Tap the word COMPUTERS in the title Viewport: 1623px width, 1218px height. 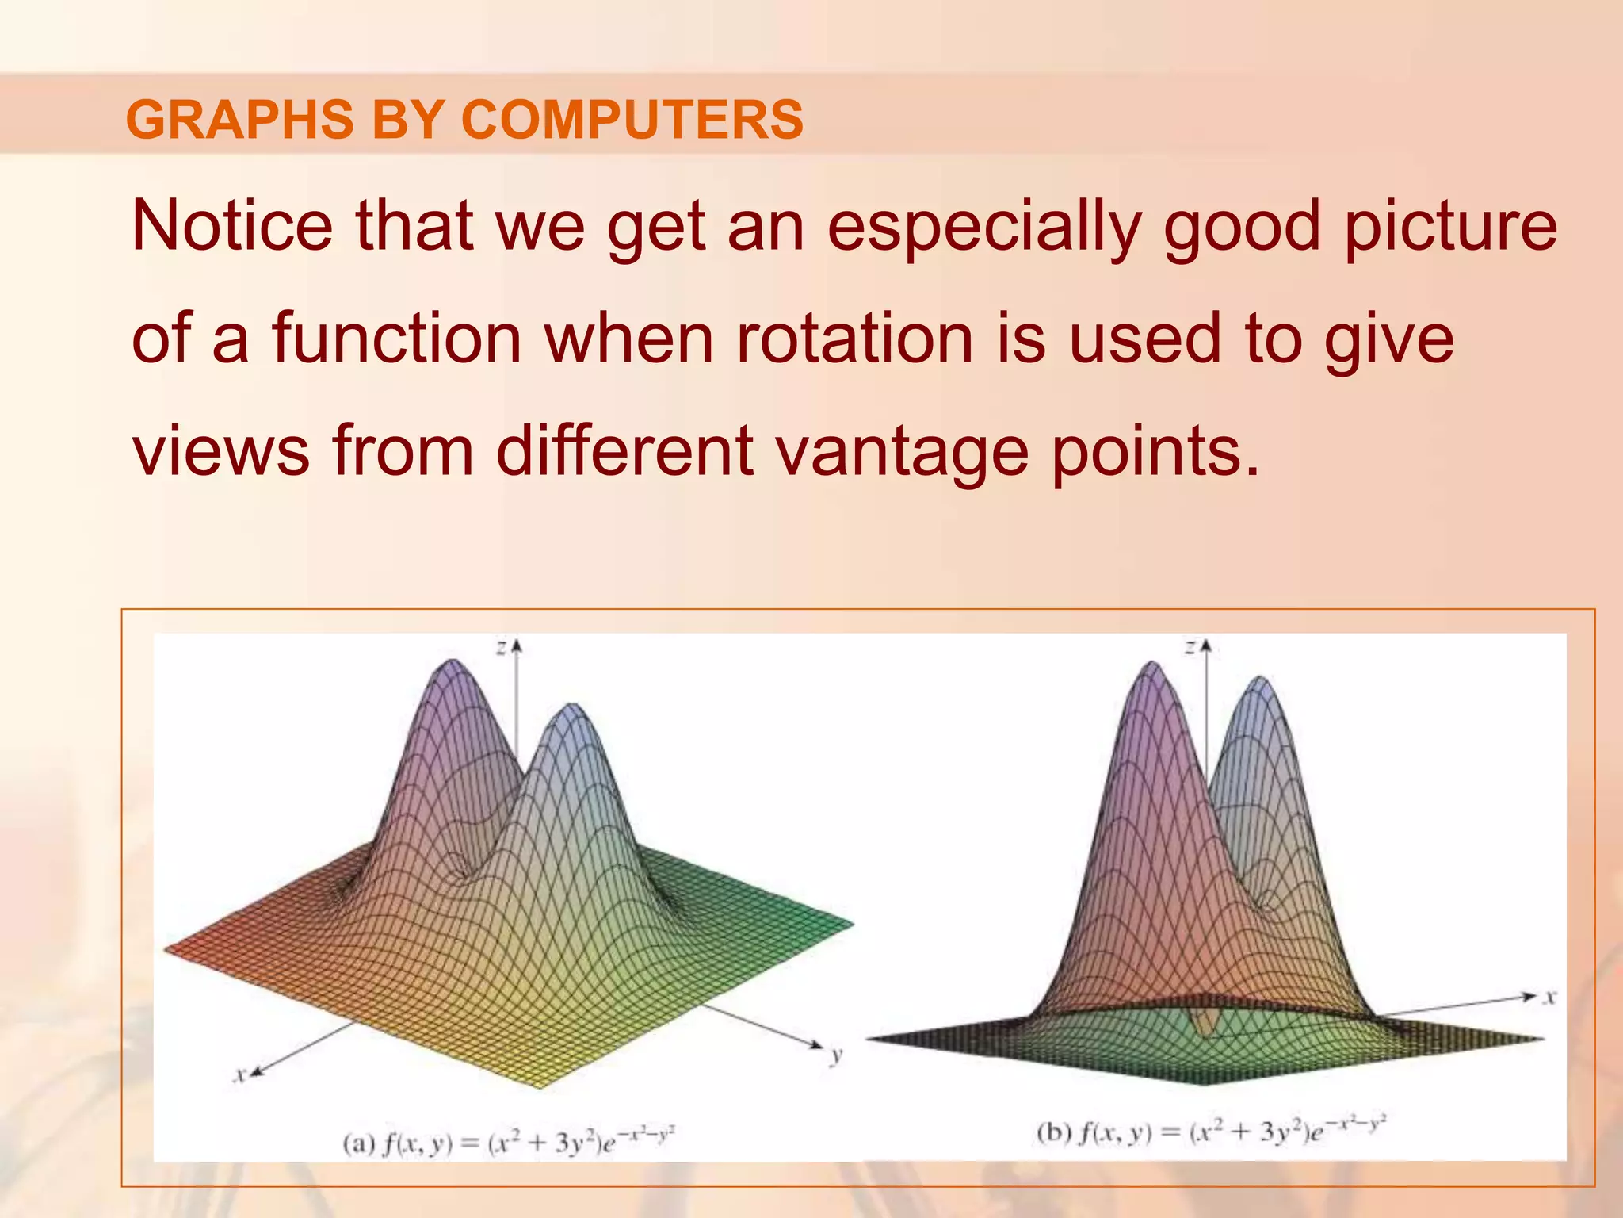coord(632,120)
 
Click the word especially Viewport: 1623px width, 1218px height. coord(983,228)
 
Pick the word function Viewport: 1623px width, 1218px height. coord(396,339)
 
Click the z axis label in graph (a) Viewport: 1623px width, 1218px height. coord(502,648)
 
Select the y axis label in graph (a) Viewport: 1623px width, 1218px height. coord(835,1056)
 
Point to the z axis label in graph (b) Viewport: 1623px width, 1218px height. coord(1190,648)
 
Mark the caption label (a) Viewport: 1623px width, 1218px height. coord(358,1143)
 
